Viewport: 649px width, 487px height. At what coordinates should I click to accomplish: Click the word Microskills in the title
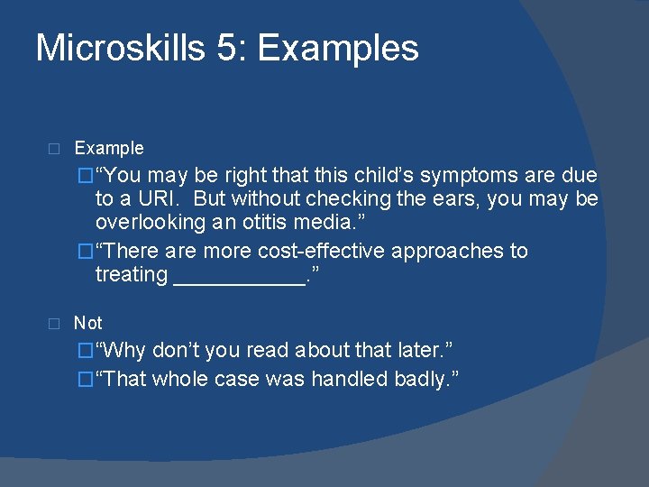pos(120,48)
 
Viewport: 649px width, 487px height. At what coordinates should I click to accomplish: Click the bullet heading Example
pos(109,148)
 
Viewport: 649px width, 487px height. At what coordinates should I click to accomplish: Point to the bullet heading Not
pos(88,323)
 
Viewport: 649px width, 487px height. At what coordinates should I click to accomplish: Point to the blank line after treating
pos(238,275)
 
